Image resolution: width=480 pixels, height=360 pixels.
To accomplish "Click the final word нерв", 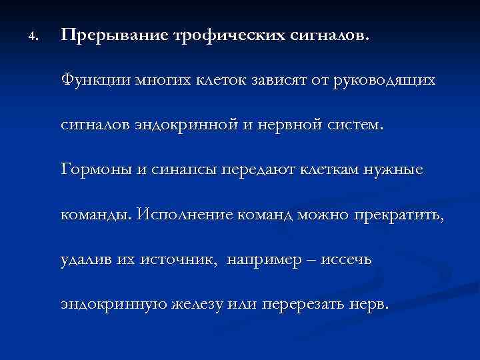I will click(x=371, y=304).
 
